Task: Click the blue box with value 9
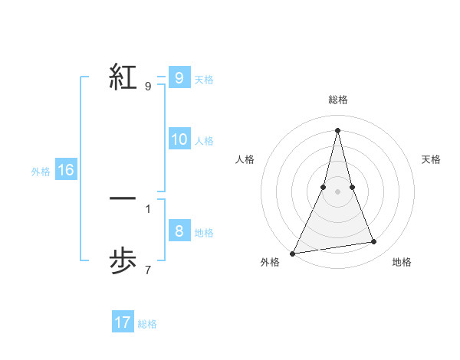click(179, 77)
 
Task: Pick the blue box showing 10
click(179, 139)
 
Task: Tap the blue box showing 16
click(65, 170)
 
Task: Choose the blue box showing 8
click(179, 231)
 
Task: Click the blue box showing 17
click(123, 322)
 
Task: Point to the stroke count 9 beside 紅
click(147, 87)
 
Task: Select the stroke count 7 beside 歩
click(147, 270)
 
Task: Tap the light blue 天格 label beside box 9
click(204, 80)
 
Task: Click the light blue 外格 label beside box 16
click(41, 172)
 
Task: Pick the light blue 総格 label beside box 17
click(147, 324)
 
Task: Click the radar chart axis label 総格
click(338, 100)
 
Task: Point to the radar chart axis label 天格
click(432, 159)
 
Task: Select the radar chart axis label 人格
click(245, 159)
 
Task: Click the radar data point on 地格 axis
click(374, 242)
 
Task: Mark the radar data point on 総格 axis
click(338, 129)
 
